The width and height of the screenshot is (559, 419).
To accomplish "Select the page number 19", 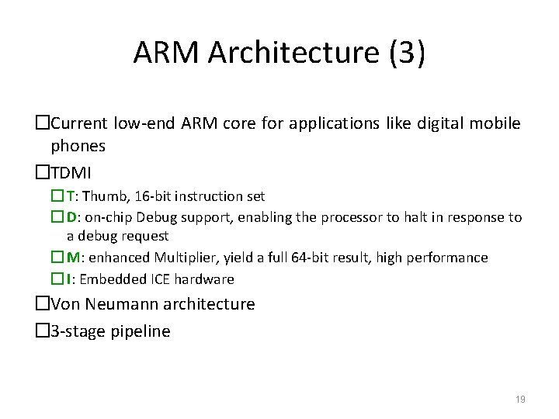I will click(x=520, y=399).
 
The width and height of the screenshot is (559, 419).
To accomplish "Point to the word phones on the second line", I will click(x=78, y=145).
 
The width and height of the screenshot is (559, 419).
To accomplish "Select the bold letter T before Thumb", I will click(x=70, y=196).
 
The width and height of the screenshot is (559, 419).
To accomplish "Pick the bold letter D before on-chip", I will click(x=71, y=217).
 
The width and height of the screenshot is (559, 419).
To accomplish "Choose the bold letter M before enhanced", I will click(x=72, y=258).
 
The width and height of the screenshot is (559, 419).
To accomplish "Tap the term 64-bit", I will click(x=310, y=258).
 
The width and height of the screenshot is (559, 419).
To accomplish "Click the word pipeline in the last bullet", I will click(x=140, y=331).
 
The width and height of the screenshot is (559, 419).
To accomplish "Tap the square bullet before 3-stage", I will click(x=43, y=331).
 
